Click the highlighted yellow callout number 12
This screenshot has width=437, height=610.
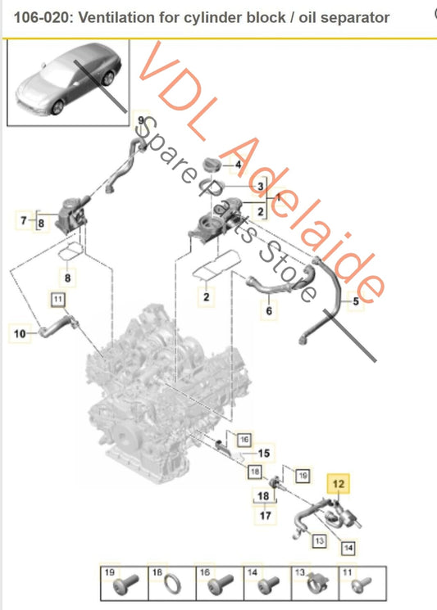click(338, 484)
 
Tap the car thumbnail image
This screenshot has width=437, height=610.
click(68, 83)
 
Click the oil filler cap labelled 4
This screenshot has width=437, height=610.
click(212, 165)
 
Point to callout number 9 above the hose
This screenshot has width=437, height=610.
click(140, 120)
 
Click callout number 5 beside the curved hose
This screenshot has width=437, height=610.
click(356, 300)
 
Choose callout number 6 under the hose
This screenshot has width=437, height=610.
click(269, 311)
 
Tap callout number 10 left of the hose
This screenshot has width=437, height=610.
click(20, 333)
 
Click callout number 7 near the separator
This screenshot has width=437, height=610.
click(24, 220)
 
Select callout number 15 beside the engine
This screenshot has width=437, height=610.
click(264, 454)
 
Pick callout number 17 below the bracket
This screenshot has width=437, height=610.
click(265, 516)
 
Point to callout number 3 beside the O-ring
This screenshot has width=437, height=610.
click(261, 187)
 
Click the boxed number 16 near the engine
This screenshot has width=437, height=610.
click(244, 440)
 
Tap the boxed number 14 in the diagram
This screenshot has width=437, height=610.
click(348, 548)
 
